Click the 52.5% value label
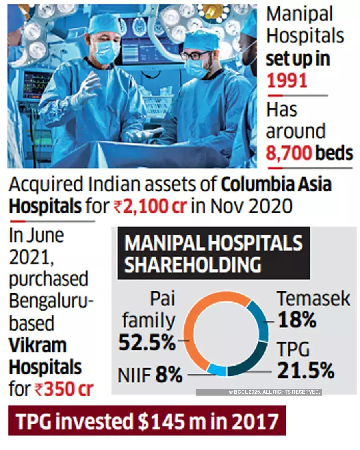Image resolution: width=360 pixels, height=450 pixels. [147, 343]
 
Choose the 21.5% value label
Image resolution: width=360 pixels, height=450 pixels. [306, 371]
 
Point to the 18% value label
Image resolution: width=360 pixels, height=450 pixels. [297, 320]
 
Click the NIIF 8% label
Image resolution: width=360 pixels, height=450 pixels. [150, 376]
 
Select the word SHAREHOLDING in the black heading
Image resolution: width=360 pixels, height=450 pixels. [193, 265]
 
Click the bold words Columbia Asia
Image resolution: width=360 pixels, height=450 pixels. [276, 185]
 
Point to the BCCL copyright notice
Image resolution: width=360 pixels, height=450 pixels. [274, 392]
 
